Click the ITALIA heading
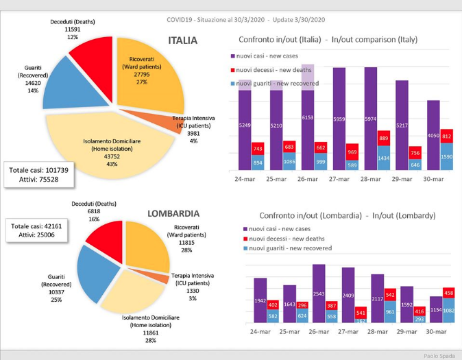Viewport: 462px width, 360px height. point(182,41)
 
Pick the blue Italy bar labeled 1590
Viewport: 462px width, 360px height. point(446,157)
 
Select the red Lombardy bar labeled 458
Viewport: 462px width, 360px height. point(450,294)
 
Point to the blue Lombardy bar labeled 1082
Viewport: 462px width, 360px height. point(450,311)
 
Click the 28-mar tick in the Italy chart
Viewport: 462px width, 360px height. point(370,179)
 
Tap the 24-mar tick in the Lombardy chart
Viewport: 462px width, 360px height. point(260,331)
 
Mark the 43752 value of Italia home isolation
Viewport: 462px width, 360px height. point(113,156)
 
